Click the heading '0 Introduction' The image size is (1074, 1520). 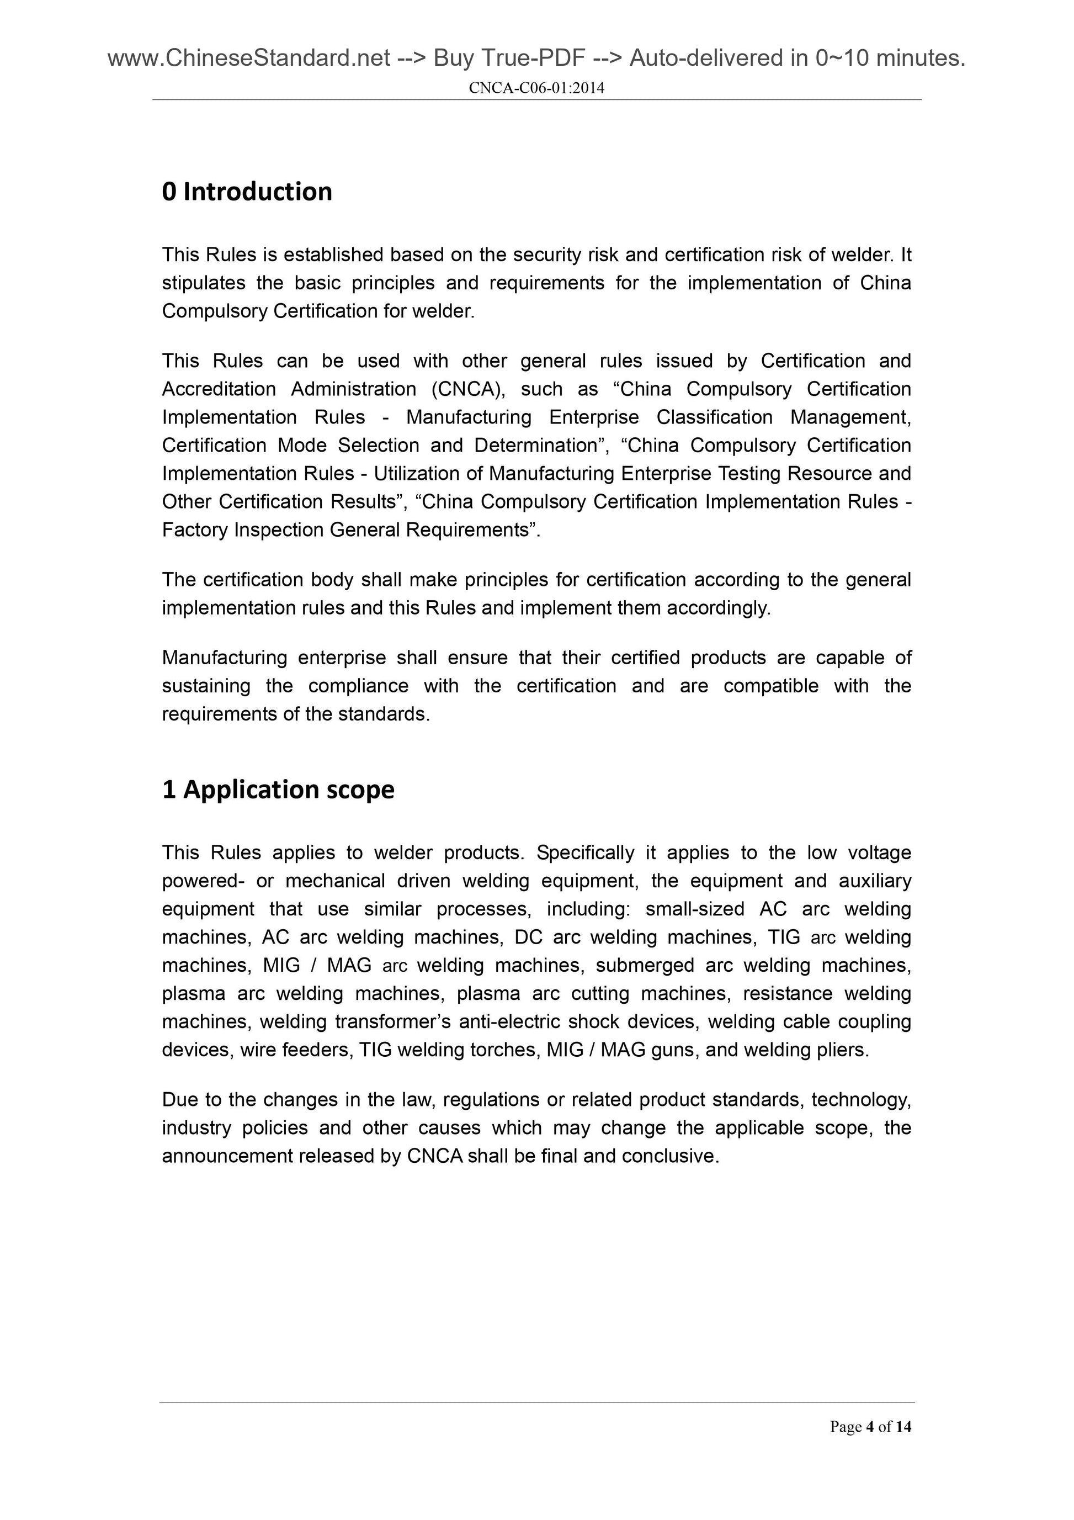point(247,192)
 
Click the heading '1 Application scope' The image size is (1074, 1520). point(278,789)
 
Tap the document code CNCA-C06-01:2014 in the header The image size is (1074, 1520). point(536,88)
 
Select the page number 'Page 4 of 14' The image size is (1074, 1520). point(870,1427)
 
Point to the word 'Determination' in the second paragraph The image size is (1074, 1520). point(535,445)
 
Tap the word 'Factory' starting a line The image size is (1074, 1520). point(195,529)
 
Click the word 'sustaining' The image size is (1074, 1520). point(206,685)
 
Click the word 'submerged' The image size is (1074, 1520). point(645,965)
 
